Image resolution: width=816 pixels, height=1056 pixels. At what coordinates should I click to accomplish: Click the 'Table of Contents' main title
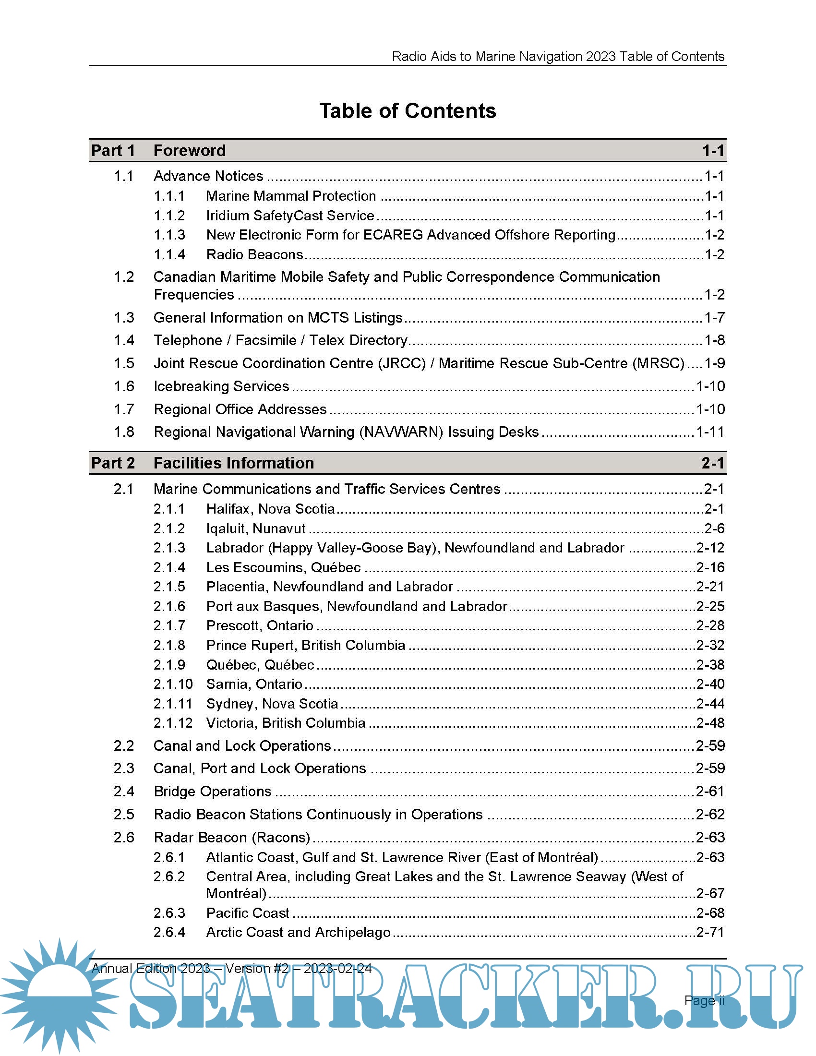(408, 111)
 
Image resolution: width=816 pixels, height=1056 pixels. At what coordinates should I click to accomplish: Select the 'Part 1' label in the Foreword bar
(113, 151)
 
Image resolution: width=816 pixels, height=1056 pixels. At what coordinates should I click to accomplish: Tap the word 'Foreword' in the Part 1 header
(190, 151)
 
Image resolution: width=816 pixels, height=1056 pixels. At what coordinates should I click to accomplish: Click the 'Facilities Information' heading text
(233, 463)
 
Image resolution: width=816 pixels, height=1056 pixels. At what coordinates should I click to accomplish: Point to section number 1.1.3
(169, 235)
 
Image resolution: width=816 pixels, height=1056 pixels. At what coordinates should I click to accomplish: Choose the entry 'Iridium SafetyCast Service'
(290, 216)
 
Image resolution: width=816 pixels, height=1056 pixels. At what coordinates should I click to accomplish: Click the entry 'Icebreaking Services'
(221, 386)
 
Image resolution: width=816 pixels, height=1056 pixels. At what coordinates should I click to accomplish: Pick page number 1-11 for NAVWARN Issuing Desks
(710, 432)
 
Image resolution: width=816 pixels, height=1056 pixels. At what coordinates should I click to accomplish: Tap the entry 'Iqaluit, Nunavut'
(256, 528)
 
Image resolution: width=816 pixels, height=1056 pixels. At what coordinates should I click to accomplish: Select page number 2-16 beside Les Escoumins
(710, 567)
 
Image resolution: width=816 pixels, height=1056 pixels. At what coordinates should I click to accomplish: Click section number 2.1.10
(173, 684)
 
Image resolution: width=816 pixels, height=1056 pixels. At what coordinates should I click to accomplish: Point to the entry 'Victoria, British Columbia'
(286, 723)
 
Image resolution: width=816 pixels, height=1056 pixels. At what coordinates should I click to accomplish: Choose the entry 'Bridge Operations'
(213, 792)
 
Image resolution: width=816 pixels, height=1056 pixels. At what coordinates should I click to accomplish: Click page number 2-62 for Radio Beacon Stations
(710, 814)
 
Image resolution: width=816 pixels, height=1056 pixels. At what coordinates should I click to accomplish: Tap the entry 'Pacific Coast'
(248, 913)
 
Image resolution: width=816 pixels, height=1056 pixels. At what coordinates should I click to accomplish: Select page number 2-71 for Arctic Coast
(710, 932)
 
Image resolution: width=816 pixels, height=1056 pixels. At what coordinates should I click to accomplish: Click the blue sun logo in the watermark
(59, 996)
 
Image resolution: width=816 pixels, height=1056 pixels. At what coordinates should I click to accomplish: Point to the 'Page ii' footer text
(704, 1000)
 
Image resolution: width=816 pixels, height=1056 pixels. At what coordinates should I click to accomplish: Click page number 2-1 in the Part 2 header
(713, 463)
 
